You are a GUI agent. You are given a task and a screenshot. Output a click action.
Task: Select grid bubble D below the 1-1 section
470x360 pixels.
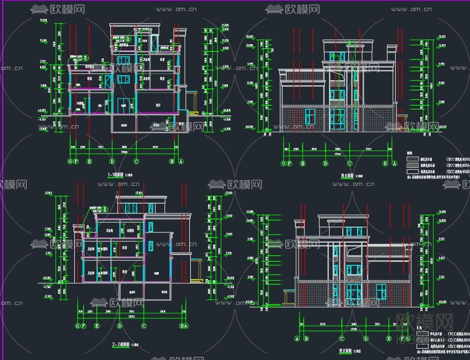pyautogui.click(x=112, y=162)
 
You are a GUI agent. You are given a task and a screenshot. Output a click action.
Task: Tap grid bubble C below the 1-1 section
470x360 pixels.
pyautogui.click(x=136, y=162)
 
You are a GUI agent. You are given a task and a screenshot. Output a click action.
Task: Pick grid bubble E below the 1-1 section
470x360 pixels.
pyautogui.click(x=89, y=162)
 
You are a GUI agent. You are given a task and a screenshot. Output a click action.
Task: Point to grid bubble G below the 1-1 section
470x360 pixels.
pyautogui.click(x=70, y=162)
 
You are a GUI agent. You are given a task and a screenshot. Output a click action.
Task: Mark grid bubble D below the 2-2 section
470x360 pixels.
pyautogui.click(x=120, y=326)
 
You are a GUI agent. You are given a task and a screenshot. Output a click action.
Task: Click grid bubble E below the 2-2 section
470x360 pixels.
pyautogui.click(x=97, y=326)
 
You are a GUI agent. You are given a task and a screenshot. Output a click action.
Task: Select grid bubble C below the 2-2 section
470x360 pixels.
pyautogui.click(x=144, y=326)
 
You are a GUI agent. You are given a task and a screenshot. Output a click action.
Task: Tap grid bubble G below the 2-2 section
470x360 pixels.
pyautogui.click(x=77, y=326)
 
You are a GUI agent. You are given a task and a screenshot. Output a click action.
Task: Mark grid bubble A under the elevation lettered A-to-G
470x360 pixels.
pyautogui.click(x=297, y=339)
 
